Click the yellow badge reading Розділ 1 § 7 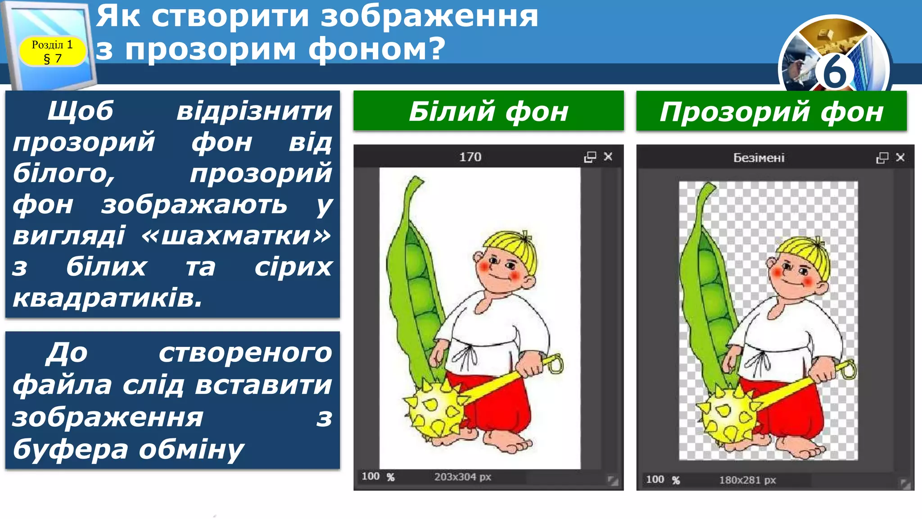coord(52,51)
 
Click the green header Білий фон coord(488,111)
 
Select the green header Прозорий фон coord(771,111)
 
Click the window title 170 coord(470,157)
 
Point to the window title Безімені coord(759,158)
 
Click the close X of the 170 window coord(608,156)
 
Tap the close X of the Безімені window coord(900,157)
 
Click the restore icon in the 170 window coord(590,157)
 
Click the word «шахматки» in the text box coord(236,235)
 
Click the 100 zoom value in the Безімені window coord(655,479)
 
